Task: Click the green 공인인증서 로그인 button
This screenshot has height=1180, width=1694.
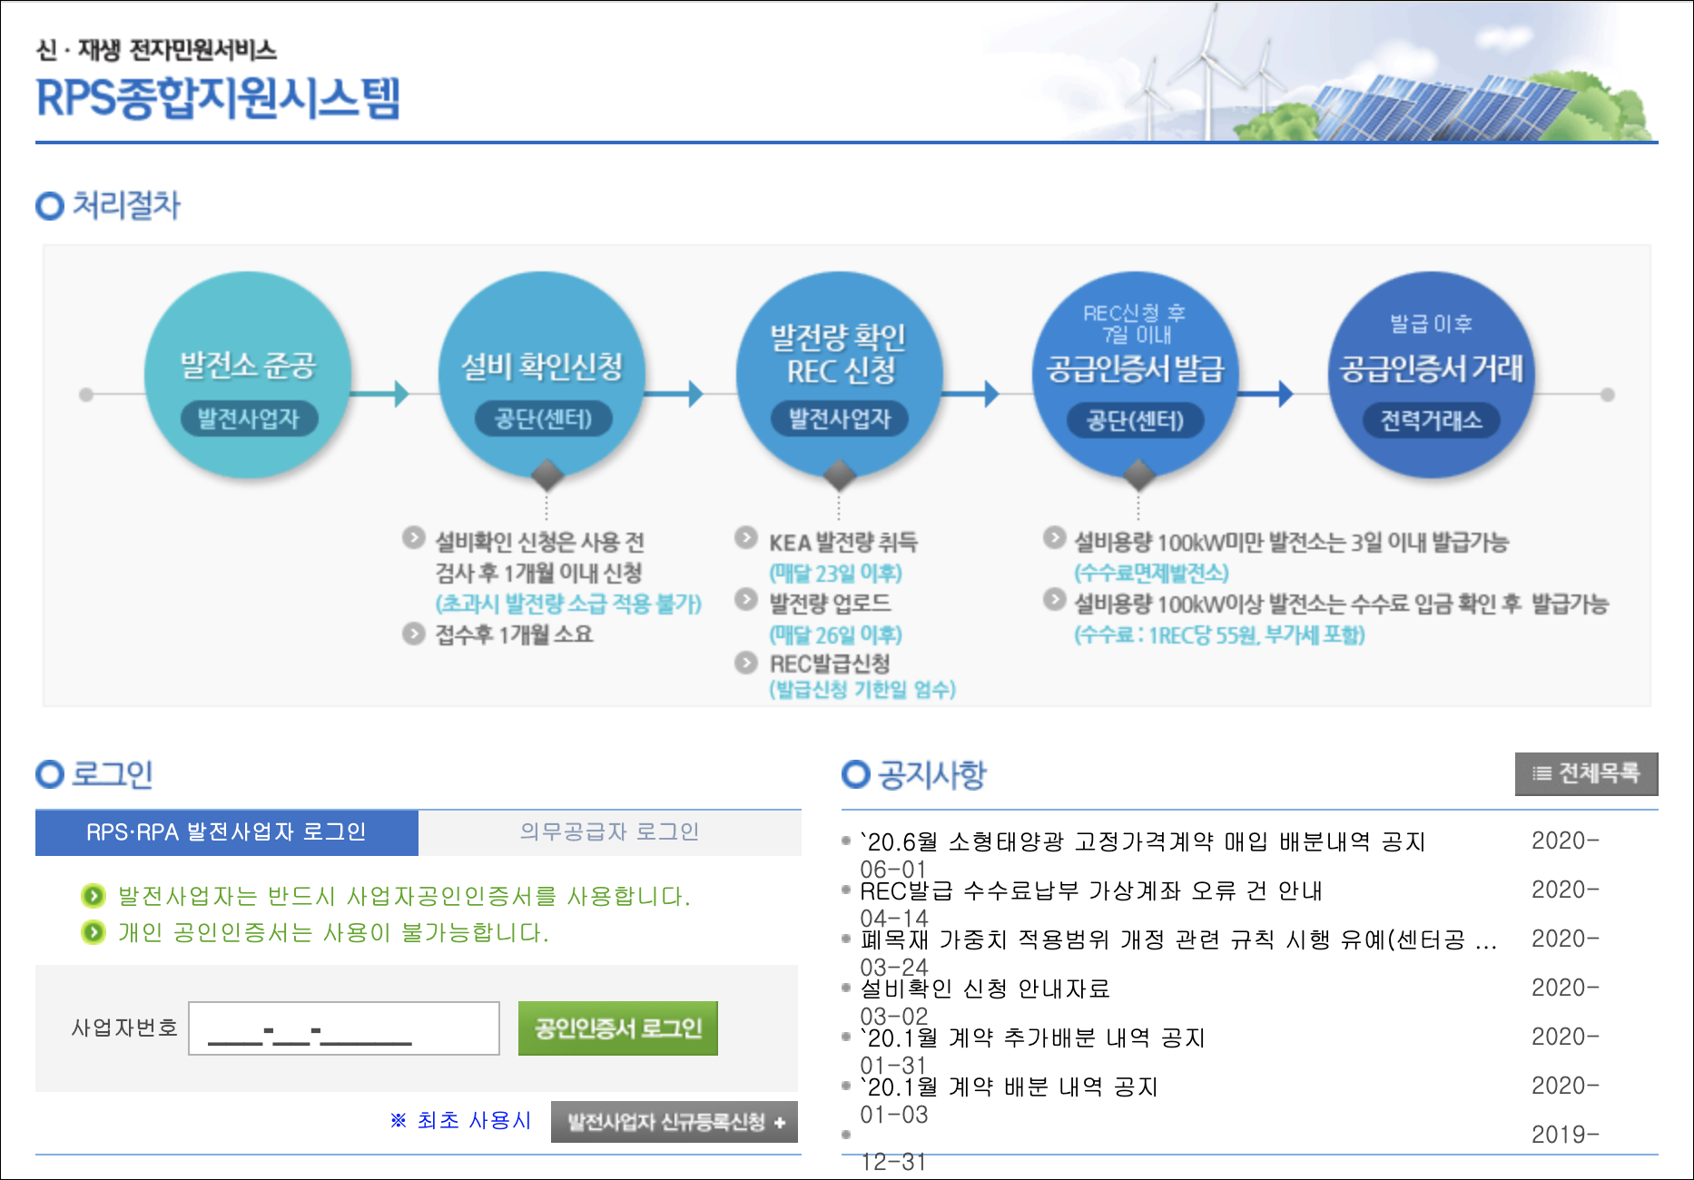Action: coord(617,1028)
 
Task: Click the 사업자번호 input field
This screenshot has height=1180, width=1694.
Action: coord(344,1028)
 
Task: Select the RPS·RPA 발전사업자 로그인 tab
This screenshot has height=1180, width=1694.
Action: coord(226,832)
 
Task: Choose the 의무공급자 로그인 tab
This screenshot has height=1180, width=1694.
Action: coord(609,832)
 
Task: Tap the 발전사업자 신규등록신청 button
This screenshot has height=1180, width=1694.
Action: coord(675,1122)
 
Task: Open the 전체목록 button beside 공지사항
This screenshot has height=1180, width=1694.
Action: coord(1586,773)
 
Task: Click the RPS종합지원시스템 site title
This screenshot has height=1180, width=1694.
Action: coord(218,98)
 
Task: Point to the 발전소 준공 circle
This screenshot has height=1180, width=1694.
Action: coord(248,374)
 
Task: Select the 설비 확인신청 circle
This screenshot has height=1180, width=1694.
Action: coord(542,374)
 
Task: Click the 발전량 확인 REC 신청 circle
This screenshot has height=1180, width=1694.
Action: coord(839,374)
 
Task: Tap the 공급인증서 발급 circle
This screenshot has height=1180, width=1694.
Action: coord(1135,374)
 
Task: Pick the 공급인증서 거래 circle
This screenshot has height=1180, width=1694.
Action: coord(1431,374)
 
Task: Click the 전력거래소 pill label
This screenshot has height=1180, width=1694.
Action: coord(1431,420)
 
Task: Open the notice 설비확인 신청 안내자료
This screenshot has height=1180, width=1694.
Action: coord(984,988)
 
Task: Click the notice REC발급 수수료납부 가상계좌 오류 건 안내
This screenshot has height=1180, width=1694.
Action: coord(1090,890)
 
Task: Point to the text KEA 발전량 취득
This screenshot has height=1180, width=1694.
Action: coord(842,543)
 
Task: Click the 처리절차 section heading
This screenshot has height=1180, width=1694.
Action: coord(125,205)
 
